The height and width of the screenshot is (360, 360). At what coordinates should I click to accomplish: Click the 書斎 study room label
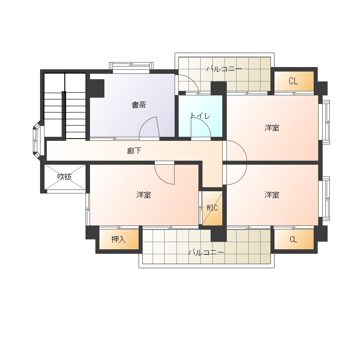[x=139, y=105]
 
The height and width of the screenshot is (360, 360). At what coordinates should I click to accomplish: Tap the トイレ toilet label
[x=200, y=116]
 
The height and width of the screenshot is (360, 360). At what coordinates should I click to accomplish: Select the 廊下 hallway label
[x=134, y=151]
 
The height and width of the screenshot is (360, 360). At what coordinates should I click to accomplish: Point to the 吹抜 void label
[x=64, y=176]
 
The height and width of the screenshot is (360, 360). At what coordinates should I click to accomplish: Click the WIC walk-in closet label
[x=212, y=208]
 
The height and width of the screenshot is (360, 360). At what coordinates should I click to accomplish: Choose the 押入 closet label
[x=118, y=239]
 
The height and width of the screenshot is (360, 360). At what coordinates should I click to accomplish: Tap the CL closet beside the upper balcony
[x=293, y=81]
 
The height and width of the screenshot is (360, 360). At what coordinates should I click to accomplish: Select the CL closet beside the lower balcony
[x=293, y=239]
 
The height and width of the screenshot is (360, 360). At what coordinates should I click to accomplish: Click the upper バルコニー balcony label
[x=224, y=69]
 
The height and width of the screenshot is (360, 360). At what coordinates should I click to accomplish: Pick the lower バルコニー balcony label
[x=206, y=252]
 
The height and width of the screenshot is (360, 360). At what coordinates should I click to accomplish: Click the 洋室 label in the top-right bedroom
[x=272, y=128]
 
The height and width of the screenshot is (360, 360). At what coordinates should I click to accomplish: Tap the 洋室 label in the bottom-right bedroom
[x=272, y=195]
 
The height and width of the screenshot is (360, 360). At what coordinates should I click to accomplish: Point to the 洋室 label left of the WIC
[x=144, y=195]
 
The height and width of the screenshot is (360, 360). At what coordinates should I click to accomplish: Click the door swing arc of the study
[x=144, y=121]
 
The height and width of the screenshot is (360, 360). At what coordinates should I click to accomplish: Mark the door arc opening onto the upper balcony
[x=193, y=79]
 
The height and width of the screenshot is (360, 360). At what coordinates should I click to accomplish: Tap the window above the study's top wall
[x=131, y=66]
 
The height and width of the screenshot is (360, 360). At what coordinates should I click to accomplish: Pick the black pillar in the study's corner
[x=97, y=88]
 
